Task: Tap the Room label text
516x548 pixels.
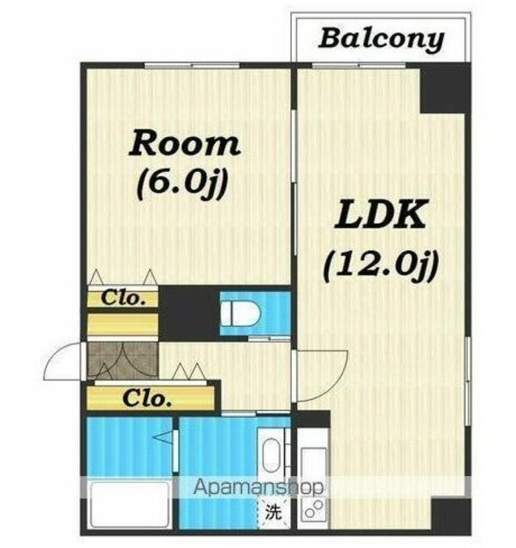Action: pyautogui.click(x=185, y=143)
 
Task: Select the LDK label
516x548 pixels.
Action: pyautogui.click(x=381, y=214)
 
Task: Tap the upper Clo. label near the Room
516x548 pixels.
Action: pyautogui.click(x=123, y=298)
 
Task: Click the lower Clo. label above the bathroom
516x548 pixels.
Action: pyautogui.click(x=147, y=398)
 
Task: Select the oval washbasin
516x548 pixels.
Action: pyautogui.click(x=271, y=456)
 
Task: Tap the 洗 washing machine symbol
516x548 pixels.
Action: pyautogui.click(x=273, y=512)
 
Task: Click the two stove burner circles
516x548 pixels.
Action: pyautogui.click(x=314, y=509)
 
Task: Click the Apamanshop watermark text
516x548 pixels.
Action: pyautogui.click(x=258, y=486)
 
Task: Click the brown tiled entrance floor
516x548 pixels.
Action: pyautogui.click(x=122, y=360)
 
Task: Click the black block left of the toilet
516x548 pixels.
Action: pyautogui.click(x=189, y=313)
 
